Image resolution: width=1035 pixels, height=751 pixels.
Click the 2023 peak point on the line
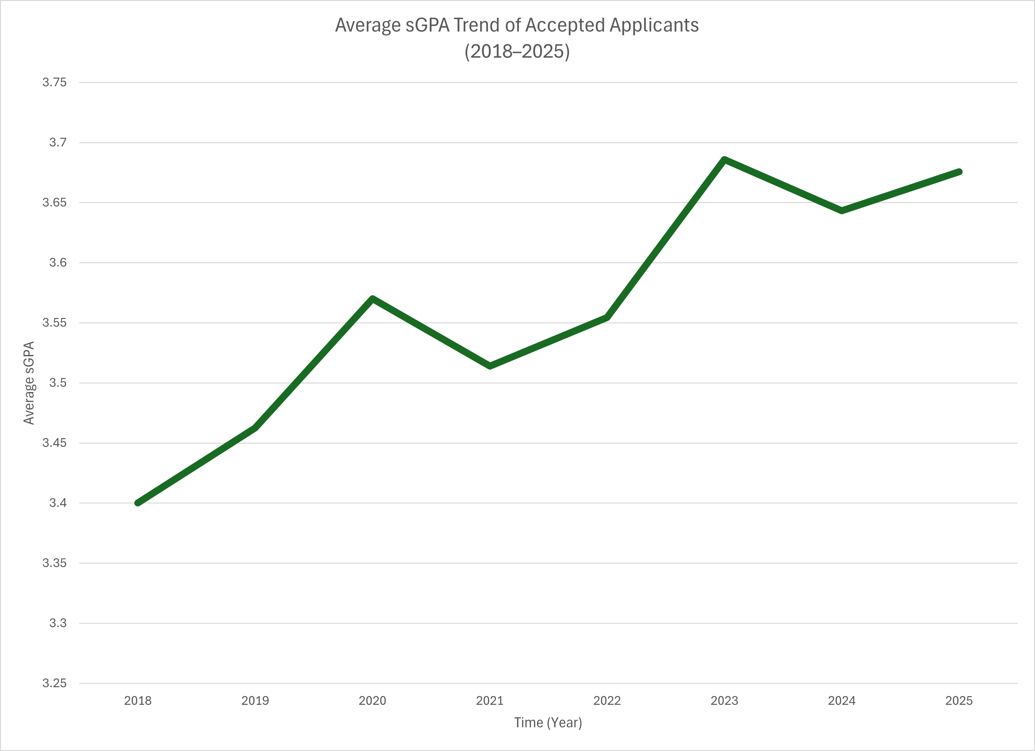(x=724, y=160)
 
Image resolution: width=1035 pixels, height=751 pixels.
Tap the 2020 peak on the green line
(x=372, y=299)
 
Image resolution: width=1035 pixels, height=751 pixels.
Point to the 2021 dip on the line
(x=490, y=366)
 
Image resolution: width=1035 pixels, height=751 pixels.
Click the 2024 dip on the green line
(x=842, y=210)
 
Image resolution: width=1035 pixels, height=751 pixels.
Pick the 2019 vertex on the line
(x=255, y=427)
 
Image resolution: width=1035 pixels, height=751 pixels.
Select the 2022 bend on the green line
(x=607, y=317)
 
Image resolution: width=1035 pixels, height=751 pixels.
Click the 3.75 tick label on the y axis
(x=54, y=82)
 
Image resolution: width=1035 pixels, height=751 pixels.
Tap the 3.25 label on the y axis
(x=54, y=683)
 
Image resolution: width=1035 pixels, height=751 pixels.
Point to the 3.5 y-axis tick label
(x=58, y=383)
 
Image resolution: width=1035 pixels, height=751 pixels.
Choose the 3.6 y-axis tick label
(x=58, y=262)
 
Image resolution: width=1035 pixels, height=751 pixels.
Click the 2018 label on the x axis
(x=138, y=700)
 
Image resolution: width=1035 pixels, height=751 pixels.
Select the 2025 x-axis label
(x=959, y=700)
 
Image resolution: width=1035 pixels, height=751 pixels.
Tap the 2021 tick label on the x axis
(x=490, y=700)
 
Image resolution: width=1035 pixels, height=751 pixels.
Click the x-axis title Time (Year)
(x=548, y=723)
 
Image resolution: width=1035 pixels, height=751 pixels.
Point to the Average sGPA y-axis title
(x=29, y=383)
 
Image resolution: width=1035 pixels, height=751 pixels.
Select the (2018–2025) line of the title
(x=517, y=52)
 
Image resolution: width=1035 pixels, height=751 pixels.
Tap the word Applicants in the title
(x=654, y=25)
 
